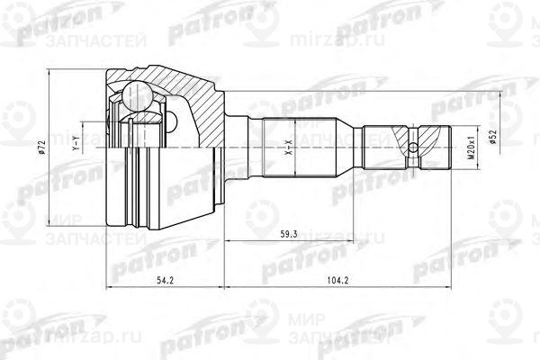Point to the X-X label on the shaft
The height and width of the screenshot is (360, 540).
tap(288, 144)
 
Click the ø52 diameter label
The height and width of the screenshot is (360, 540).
tap(493, 135)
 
